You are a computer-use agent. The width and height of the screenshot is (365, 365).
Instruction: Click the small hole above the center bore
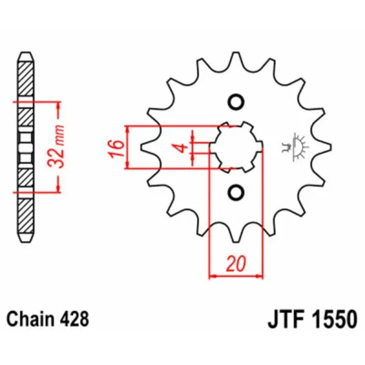[235, 102]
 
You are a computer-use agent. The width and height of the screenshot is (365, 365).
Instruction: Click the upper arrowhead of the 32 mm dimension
[58, 104]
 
